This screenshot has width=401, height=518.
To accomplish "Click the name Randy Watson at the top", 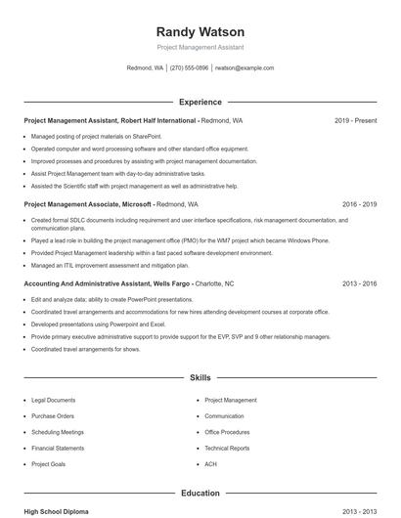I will pyautogui.click(x=200, y=31).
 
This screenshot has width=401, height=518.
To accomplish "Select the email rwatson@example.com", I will pyautogui.click(x=245, y=68).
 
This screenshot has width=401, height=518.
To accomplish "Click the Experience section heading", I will pyautogui.click(x=200, y=102).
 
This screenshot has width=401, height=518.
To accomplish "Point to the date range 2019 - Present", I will pyautogui.click(x=355, y=120).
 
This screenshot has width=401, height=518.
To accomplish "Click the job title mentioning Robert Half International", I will pyautogui.click(x=133, y=120).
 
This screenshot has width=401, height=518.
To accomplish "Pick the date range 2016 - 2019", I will pyautogui.click(x=359, y=205).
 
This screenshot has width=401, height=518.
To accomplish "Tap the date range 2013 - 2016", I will pyautogui.click(x=359, y=283).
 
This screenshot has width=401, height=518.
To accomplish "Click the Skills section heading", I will pyautogui.click(x=200, y=376).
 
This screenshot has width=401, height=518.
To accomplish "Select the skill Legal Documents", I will pyautogui.click(x=53, y=400).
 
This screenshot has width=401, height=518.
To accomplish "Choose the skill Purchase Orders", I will pyautogui.click(x=52, y=415).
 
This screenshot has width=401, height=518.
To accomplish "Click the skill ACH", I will pyautogui.click(x=210, y=464).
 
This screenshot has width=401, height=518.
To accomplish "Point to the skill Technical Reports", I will pyautogui.click(x=227, y=448).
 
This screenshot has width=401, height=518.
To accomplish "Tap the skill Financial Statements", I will pyautogui.click(x=58, y=448).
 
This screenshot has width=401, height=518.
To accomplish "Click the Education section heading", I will pyautogui.click(x=200, y=494).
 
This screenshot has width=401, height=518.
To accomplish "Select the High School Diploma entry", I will pyautogui.click(x=58, y=511).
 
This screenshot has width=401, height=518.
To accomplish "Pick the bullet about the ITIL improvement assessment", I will pyautogui.click(x=110, y=265).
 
